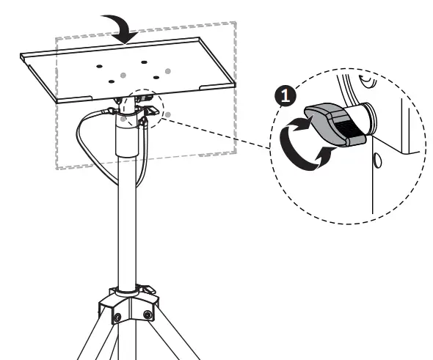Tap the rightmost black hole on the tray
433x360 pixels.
pos(156,76)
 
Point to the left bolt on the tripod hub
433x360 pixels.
pos(116,316)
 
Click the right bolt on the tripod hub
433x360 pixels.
pos(148,315)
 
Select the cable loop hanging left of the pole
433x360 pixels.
pos(83,139)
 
